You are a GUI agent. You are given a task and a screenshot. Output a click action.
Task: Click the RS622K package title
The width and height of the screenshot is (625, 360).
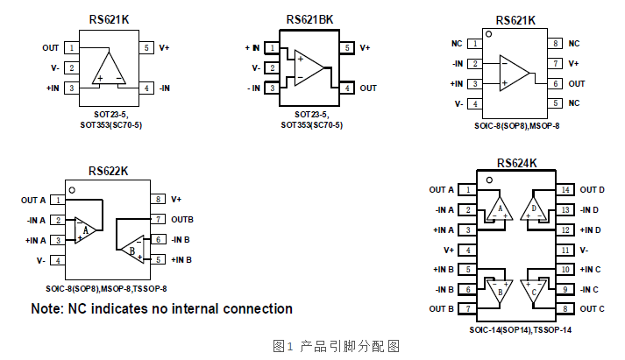(109, 172)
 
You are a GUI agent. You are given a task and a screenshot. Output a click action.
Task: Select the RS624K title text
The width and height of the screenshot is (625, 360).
(516, 163)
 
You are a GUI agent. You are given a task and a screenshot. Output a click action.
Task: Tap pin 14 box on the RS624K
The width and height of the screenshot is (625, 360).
(565, 190)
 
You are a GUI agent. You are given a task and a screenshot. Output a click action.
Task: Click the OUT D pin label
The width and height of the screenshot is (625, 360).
(593, 190)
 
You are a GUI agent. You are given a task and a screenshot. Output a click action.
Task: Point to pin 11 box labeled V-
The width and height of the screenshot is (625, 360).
(565, 250)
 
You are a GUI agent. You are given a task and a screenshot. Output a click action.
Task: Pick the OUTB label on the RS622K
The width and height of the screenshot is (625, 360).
(181, 219)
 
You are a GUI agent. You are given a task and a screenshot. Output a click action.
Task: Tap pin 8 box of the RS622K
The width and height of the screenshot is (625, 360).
(159, 200)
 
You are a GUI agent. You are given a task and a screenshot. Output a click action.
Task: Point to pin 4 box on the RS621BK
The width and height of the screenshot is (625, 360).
(347, 88)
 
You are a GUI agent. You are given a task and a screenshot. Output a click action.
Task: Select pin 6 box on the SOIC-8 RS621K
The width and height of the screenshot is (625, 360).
(556, 83)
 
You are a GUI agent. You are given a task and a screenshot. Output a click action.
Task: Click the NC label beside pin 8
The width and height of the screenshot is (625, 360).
(574, 43)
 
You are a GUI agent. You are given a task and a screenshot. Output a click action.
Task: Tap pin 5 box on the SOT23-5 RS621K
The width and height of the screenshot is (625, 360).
(146, 47)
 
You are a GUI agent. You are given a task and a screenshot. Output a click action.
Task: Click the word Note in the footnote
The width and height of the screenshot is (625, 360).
(47, 309)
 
